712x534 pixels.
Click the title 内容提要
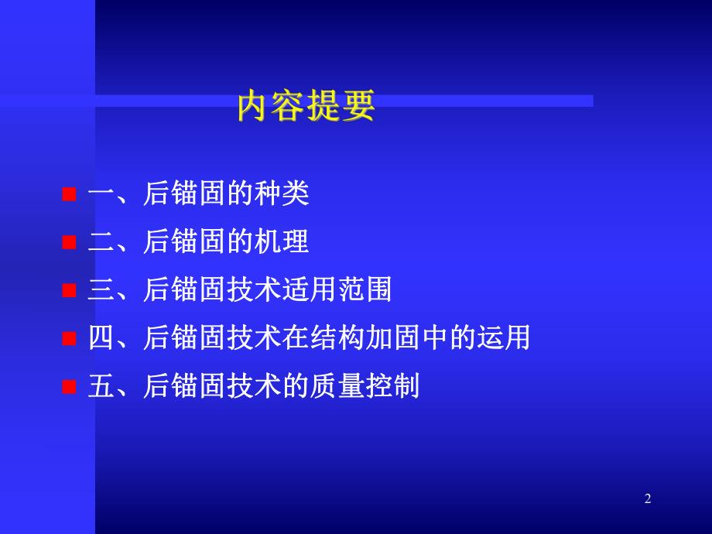coord(306,107)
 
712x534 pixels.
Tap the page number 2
coord(648,499)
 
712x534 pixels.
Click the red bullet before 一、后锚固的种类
coord(69,195)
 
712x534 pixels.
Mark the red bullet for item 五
coord(69,386)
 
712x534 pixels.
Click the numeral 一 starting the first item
coord(101,194)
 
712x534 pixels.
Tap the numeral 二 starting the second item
coord(101,242)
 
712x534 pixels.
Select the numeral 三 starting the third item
coord(101,290)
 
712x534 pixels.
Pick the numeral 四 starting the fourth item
coord(101,338)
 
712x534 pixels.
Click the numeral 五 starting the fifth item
coord(101,386)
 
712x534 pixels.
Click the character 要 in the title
coord(358,107)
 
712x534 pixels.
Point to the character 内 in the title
coord(254,107)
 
